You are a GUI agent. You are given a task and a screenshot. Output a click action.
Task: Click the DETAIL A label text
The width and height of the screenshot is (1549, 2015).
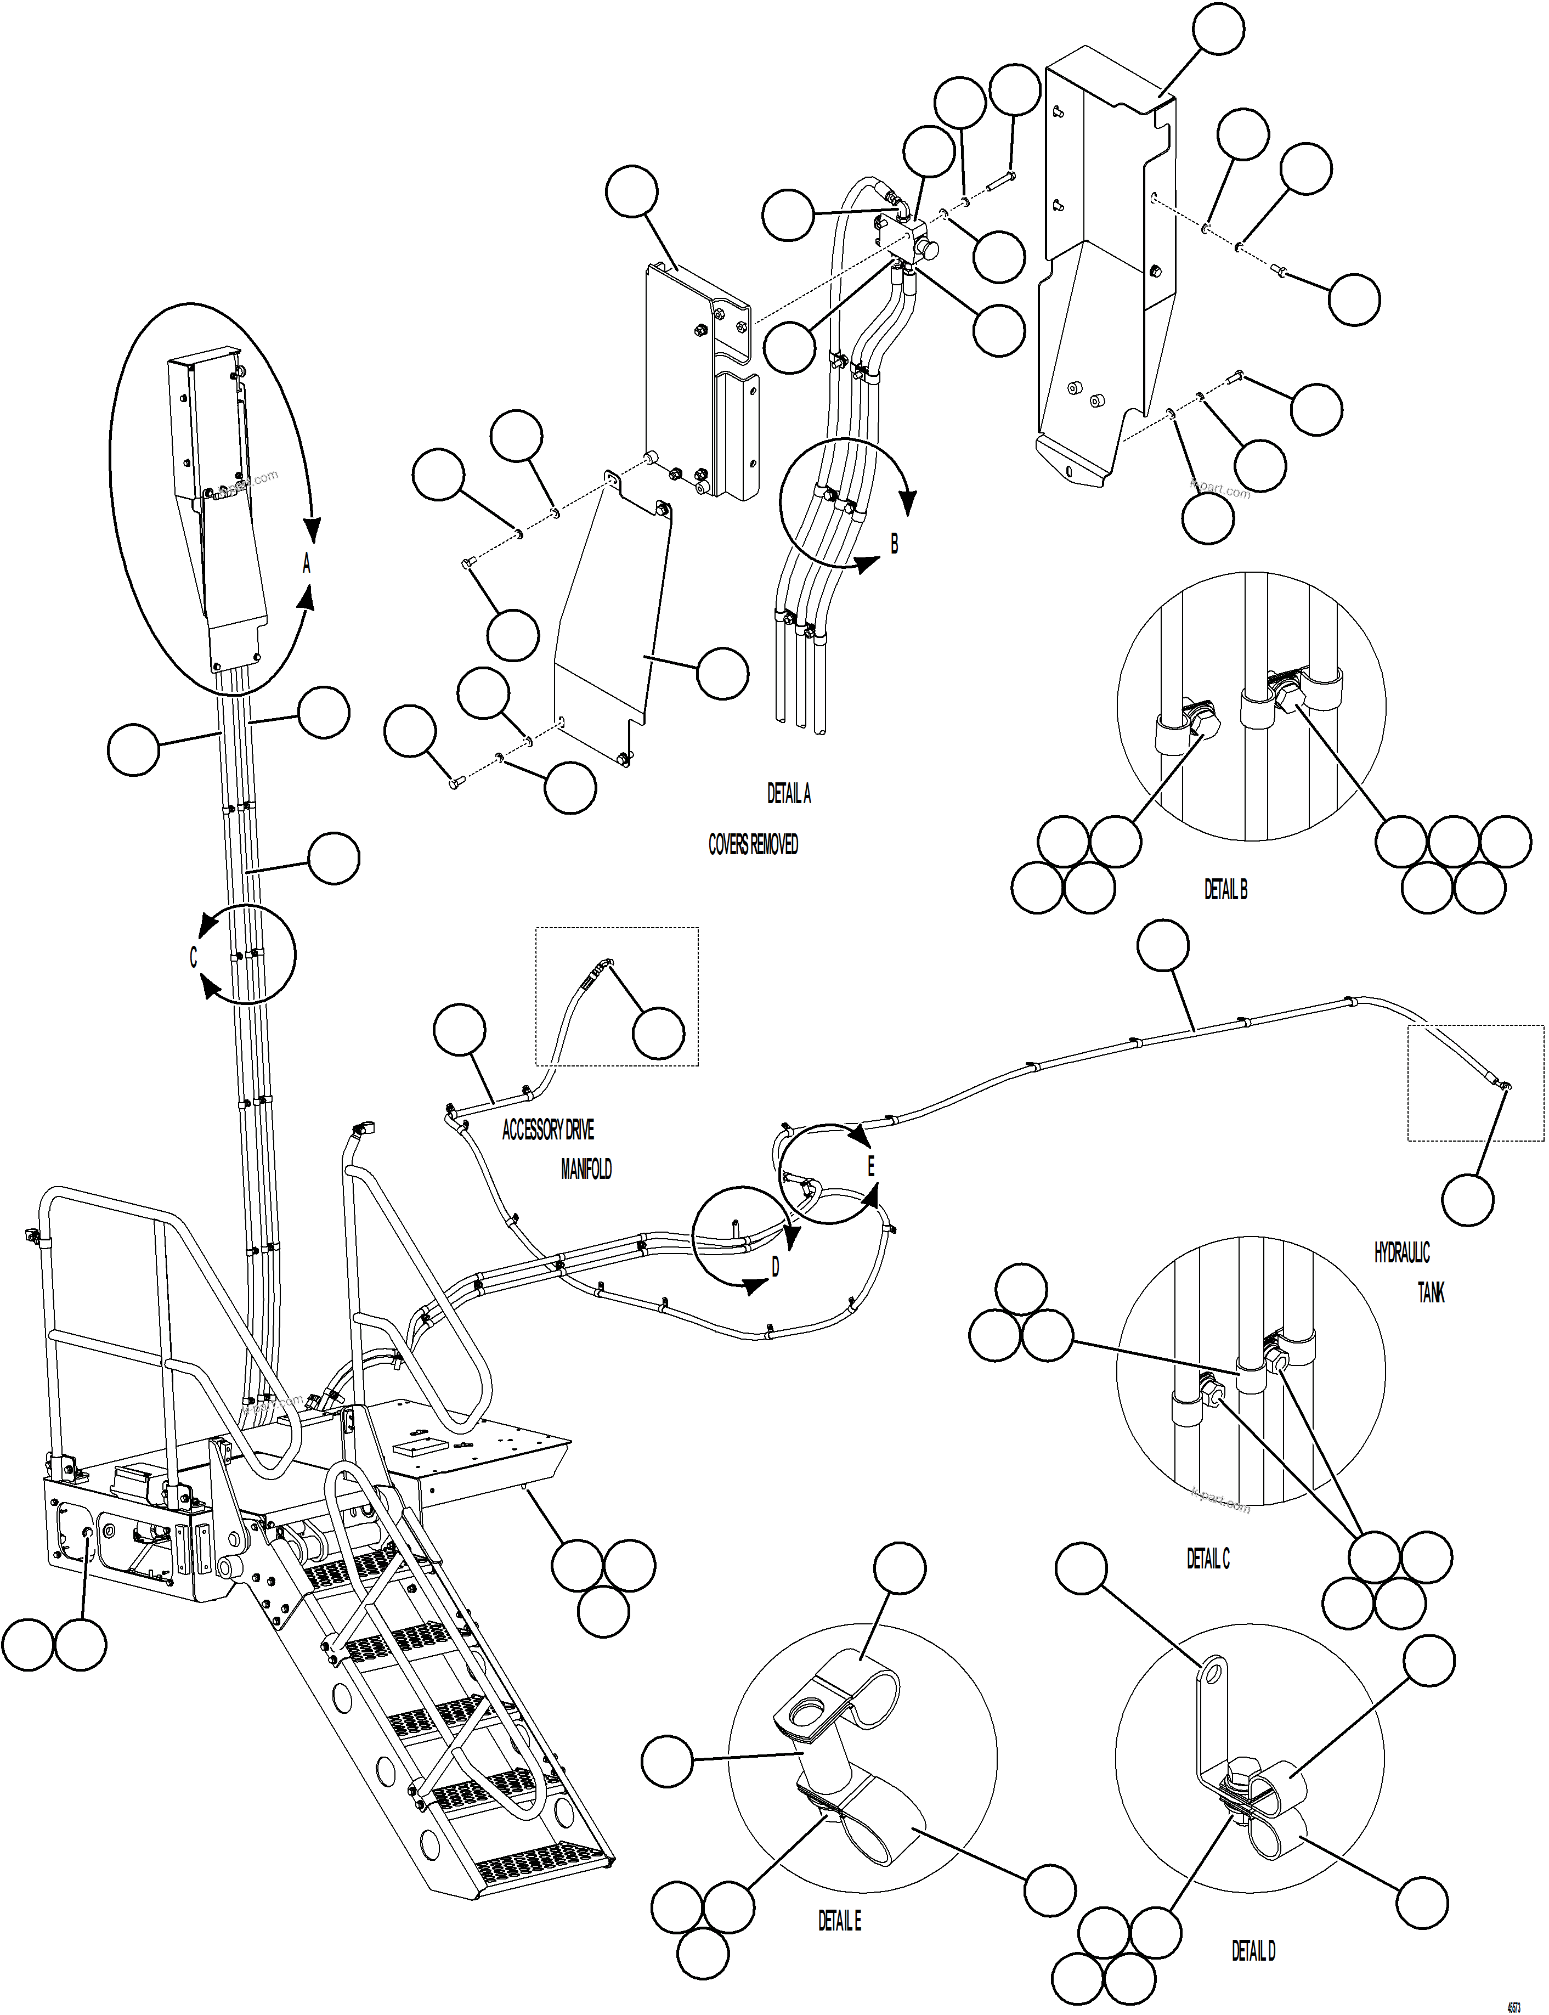point(788,794)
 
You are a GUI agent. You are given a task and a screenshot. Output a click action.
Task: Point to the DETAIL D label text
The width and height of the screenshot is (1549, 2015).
point(1253,1950)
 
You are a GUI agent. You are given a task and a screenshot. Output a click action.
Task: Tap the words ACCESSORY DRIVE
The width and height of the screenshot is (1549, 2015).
point(547,1130)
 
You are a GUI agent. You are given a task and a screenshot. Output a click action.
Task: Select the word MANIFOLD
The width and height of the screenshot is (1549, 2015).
point(585,1170)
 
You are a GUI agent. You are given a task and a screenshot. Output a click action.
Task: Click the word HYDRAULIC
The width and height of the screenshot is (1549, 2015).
point(1401,1252)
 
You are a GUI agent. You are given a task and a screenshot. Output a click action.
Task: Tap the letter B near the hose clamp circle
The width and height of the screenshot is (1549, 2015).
point(894,544)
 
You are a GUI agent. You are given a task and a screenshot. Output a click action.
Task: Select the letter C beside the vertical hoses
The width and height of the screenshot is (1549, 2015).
point(194,957)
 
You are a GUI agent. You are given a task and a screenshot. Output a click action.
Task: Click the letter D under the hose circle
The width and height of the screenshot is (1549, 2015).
point(774,1267)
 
